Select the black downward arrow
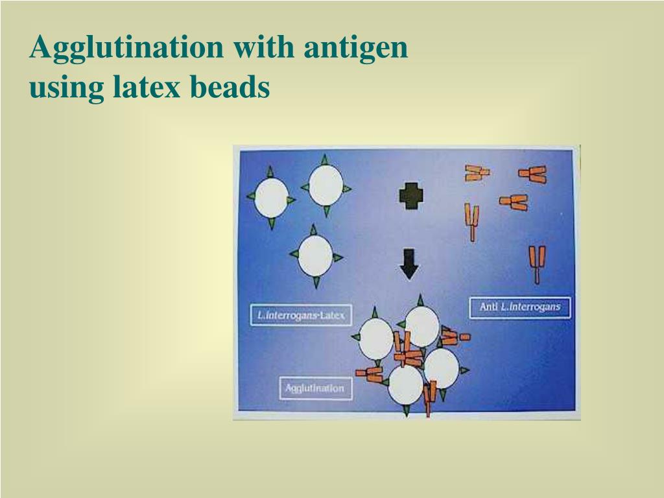pos(409,263)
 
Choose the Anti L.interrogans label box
pos(520,307)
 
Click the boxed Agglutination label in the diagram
pos(315,388)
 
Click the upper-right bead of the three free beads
pos(326,185)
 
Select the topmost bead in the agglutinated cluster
pos(422,326)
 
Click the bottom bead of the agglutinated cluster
pos(406,385)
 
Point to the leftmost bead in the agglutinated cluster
pos(376,338)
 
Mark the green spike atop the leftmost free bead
pos(270,172)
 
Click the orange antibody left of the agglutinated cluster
pos(369,373)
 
